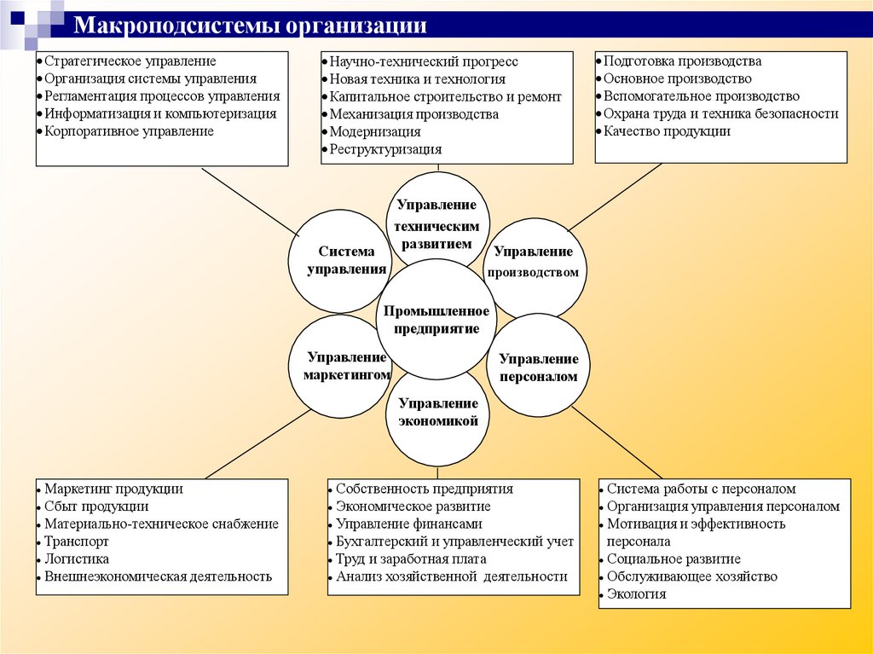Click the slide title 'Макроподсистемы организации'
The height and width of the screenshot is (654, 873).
click(250, 24)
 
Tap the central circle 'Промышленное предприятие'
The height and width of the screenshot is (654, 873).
click(436, 320)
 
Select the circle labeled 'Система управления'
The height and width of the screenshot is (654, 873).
click(342, 260)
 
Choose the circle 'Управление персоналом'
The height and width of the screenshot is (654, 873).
click(539, 367)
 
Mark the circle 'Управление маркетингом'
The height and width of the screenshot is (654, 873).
click(341, 367)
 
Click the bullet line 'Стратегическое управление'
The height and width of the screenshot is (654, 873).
click(130, 61)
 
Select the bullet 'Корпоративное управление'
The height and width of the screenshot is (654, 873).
click(129, 131)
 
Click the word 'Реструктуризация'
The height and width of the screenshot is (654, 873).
click(386, 149)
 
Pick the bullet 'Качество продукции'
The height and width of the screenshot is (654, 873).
click(667, 131)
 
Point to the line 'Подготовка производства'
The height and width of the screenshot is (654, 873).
click(682, 61)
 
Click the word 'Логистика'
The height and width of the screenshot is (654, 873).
click(77, 559)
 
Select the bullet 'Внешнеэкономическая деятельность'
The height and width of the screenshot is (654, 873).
click(158, 576)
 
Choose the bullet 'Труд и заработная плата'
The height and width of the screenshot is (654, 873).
click(411, 559)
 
